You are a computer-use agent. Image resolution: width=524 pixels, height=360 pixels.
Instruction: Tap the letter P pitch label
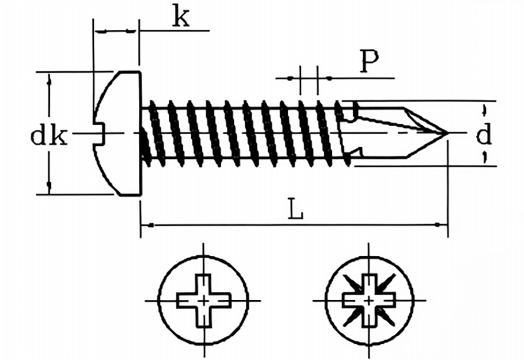[369, 61]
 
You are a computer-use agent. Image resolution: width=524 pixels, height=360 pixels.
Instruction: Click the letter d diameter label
[484, 134]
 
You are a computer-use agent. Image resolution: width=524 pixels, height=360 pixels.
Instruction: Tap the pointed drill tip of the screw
[447, 133]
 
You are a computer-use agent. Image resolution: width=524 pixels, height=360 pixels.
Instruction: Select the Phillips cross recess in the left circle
[203, 301]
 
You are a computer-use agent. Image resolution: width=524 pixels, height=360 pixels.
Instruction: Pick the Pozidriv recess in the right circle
[368, 300]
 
